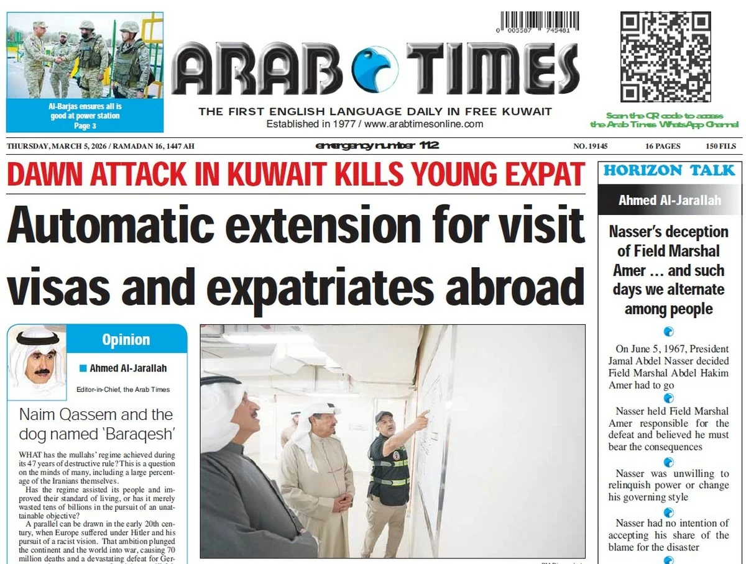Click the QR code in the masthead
tap(665, 57)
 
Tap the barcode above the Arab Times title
tap(538, 22)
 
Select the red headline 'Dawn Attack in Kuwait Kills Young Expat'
tap(296, 175)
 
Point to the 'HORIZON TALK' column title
tap(669, 171)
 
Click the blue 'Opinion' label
tap(126, 340)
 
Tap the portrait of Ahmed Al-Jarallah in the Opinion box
tap(37, 362)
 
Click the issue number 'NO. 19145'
tap(590, 147)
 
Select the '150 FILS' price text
tap(721, 147)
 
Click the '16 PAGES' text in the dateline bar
tap(663, 147)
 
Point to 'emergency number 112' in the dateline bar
tap(377, 146)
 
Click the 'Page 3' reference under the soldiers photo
tap(85, 126)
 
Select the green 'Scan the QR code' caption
tap(665, 120)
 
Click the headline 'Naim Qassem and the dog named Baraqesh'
tap(96, 423)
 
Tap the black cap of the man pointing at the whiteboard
tap(384, 416)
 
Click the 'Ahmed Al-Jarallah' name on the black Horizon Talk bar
tap(670, 201)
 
